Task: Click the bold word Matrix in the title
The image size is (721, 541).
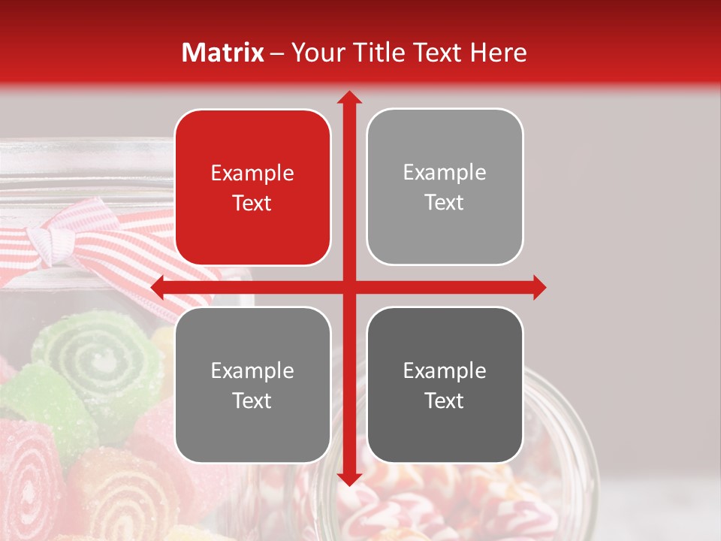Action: [x=223, y=53]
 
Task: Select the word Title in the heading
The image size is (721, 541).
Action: [x=374, y=53]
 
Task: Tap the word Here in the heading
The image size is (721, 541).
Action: [x=498, y=53]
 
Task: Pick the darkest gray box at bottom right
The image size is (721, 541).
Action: [x=445, y=436]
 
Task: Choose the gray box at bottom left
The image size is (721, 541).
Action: [x=252, y=436]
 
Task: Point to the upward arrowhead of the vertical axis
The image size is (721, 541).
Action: [x=348, y=97]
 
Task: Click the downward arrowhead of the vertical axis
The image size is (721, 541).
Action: [x=348, y=479]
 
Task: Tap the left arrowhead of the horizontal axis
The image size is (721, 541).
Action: [x=158, y=287]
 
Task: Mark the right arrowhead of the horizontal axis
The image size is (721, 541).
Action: [x=539, y=287]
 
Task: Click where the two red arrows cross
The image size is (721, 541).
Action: [x=348, y=287]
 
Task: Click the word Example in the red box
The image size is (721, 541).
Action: [x=252, y=174]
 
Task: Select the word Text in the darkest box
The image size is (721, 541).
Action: [x=445, y=400]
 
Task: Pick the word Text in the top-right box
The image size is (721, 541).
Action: [x=445, y=203]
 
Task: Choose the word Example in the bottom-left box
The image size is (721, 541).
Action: [x=252, y=370]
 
